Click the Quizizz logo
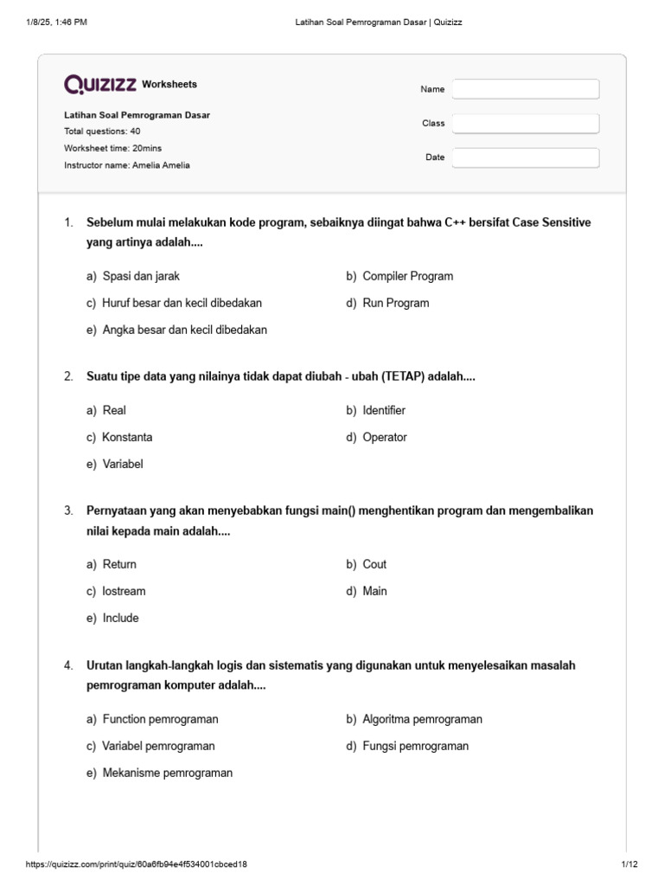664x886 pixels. (x=100, y=84)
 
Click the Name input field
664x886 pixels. (x=526, y=89)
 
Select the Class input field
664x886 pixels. (x=526, y=124)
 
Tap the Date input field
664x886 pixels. (x=526, y=157)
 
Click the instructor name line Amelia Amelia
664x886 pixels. (x=127, y=164)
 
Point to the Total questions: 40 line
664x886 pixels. (x=103, y=132)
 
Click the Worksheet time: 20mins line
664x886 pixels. (x=113, y=148)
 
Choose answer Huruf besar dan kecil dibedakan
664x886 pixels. (x=182, y=303)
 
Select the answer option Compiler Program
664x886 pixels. (x=407, y=276)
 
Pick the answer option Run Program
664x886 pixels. (x=395, y=303)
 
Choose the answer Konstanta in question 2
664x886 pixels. (x=127, y=437)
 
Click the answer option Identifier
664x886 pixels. (x=384, y=410)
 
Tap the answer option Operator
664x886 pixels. (x=385, y=437)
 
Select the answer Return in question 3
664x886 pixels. (x=119, y=564)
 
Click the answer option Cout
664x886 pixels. (x=374, y=564)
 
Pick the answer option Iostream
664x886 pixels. (x=124, y=591)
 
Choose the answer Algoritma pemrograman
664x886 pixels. (x=422, y=719)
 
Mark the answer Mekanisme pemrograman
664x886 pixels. (x=167, y=773)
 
